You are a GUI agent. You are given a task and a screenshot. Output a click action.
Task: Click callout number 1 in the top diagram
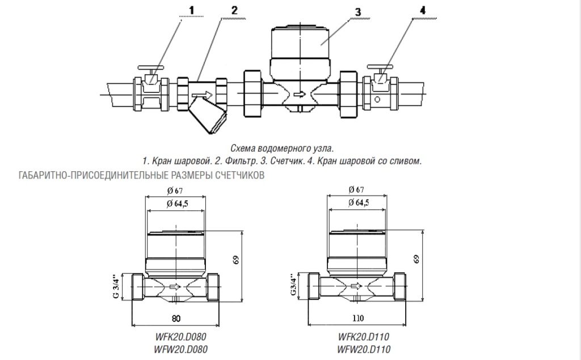(192, 10)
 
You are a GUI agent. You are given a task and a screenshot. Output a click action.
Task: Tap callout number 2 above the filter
(234, 10)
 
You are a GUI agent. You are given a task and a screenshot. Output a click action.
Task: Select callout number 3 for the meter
(357, 12)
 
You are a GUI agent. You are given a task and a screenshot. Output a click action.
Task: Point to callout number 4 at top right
(423, 10)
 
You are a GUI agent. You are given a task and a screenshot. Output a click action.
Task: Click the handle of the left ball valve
(150, 68)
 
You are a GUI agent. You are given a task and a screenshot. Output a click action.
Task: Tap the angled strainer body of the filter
(208, 117)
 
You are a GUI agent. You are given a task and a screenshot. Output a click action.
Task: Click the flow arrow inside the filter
(203, 96)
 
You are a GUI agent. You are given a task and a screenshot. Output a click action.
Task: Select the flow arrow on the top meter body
(299, 95)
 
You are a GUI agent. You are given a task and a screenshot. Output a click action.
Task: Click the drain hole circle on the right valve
(377, 99)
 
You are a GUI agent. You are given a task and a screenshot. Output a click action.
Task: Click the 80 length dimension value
(176, 318)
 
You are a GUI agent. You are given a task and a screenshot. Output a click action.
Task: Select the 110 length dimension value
(358, 318)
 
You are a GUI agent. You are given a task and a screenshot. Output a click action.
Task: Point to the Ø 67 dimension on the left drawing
(175, 190)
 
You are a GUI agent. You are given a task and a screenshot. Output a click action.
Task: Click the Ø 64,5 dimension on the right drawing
(359, 202)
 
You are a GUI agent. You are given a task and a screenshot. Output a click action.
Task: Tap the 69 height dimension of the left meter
(236, 259)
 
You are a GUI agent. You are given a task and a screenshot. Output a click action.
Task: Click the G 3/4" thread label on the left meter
(116, 287)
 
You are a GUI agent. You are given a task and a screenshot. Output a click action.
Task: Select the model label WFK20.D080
(180, 337)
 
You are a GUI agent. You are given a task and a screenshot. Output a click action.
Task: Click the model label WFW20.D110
(364, 349)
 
